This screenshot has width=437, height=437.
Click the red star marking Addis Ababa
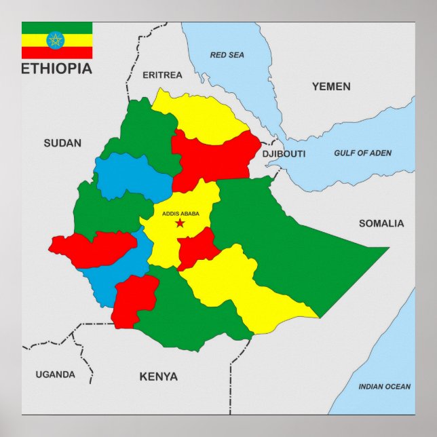(180, 223)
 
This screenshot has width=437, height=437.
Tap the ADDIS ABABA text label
(180, 214)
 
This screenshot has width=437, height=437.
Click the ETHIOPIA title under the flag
(57, 69)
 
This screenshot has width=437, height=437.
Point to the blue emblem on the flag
(56, 40)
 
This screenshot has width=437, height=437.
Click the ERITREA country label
(162, 75)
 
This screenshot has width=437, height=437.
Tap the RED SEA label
(227, 55)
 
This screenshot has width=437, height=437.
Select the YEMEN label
(331, 86)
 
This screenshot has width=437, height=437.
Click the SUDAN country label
(62, 142)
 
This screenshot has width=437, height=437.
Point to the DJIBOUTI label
(284, 154)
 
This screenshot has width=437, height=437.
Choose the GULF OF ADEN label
(362, 153)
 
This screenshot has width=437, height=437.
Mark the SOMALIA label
(381, 223)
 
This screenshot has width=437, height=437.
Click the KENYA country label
(158, 377)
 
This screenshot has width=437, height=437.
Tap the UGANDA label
(55, 375)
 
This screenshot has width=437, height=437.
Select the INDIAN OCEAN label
(385, 387)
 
